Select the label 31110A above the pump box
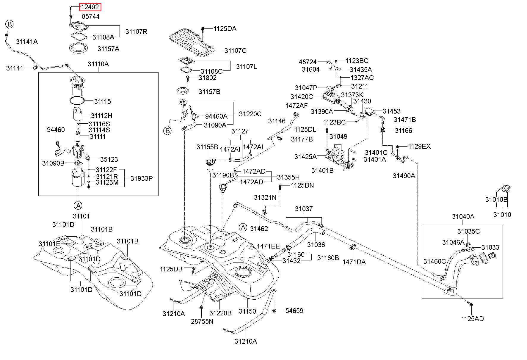click(x=98, y=64)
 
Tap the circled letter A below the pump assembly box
click(x=78, y=205)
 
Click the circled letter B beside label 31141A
click(x=9, y=24)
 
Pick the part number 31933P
click(x=142, y=178)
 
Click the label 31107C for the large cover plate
click(x=235, y=51)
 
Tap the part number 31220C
click(x=250, y=114)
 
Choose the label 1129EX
click(x=419, y=147)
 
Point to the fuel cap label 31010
click(x=502, y=215)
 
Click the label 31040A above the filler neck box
click(x=463, y=217)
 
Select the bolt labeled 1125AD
click(x=471, y=304)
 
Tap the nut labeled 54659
click(x=274, y=311)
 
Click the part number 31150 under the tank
click(x=247, y=311)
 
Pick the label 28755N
click(x=202, y=321)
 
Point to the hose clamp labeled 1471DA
click(x=353, y=246)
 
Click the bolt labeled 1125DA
click(x=203, y=29)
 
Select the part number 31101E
click(x=49, y=244)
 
